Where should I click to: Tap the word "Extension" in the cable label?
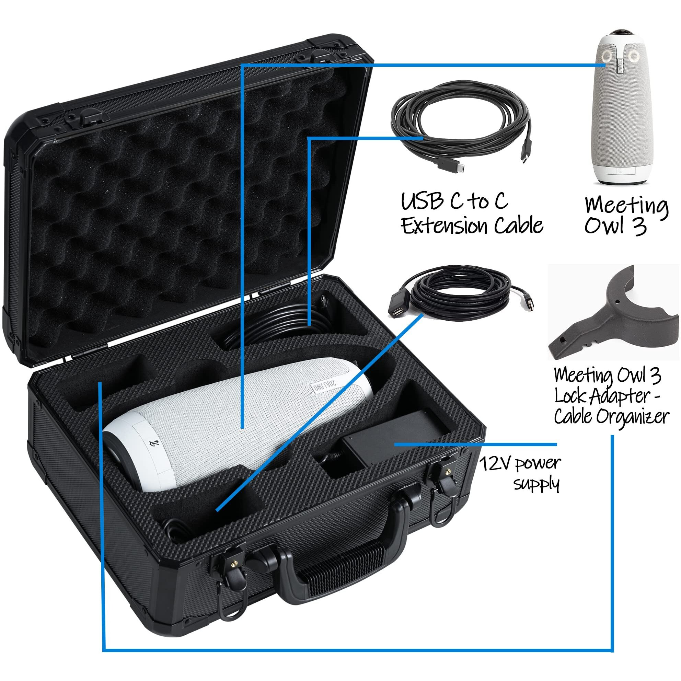pyautogui.click(x=446, y=226)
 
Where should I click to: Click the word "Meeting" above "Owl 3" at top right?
pyautogui.click(x=626, y=206)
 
